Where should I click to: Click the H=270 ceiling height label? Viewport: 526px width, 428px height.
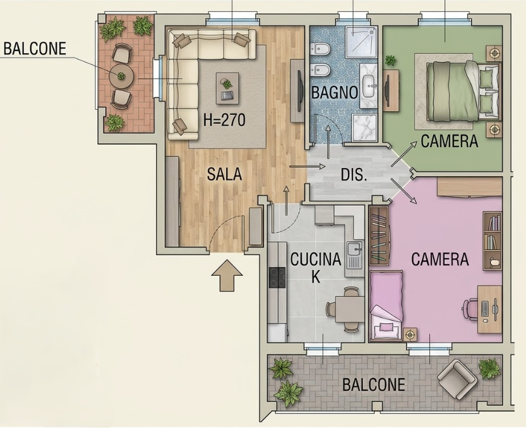(x=224, y=120)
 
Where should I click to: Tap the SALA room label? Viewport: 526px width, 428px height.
(x=224, y=174)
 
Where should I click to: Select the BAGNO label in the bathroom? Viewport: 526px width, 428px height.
(x=335, y=92)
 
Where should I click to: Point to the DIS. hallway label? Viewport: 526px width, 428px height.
(x=354, y=175)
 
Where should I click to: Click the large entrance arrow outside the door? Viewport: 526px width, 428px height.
(x=227, y=275)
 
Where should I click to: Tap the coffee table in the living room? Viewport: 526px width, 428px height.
(x=227, y=88)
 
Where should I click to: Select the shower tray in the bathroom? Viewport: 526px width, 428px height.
(x=361, y=42)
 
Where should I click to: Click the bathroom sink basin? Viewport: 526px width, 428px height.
(x=369, y=85)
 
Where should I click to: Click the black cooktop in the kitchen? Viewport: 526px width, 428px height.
(x=277, y=277)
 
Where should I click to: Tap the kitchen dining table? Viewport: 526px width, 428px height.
(x=349, y=309)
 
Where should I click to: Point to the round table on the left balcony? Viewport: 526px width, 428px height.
(x=121, y=77)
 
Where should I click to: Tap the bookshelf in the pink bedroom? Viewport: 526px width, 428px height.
(x=492, y=241)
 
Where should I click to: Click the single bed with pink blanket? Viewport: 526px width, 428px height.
(x=386, y=306)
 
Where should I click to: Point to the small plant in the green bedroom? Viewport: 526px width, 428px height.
(x=390, y=61)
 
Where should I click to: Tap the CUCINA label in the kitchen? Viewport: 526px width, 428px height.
(x=316, y=259)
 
